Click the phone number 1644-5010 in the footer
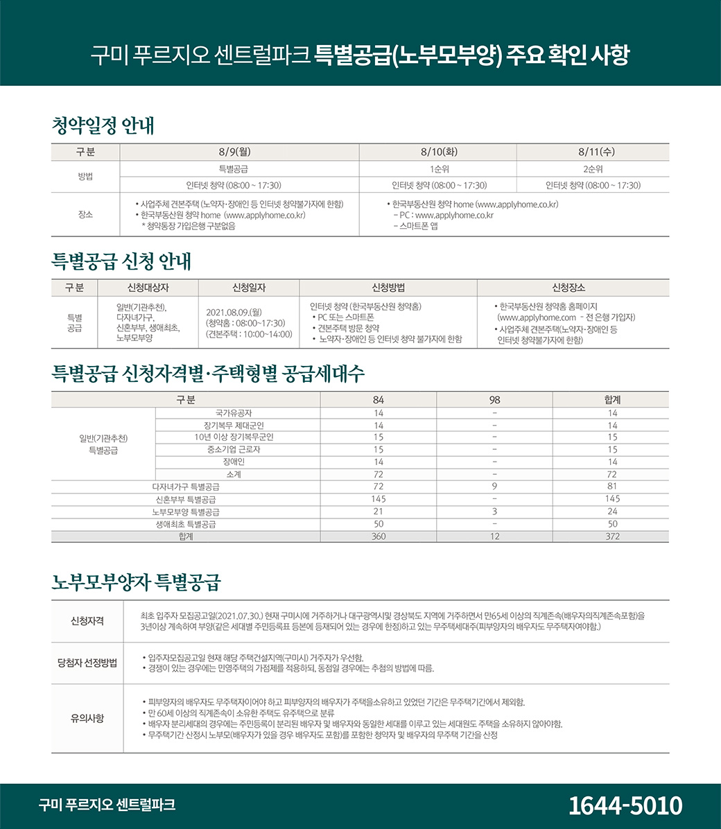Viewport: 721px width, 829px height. click(625, 805)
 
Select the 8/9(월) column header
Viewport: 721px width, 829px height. click(238, 152)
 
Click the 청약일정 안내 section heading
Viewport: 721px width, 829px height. click(103, 126)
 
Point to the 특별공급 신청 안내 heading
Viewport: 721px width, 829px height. click(121, 262)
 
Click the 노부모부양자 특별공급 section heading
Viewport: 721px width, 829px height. click(136, 582)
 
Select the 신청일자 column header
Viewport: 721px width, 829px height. click(248, 288)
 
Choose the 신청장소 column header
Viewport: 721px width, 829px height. click(573, 288)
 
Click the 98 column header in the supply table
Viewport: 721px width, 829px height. click(494, 400)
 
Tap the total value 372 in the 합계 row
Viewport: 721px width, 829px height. click(611, 536)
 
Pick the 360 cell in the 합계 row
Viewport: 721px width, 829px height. click(379, 536)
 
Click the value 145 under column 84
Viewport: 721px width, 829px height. click(379, 499)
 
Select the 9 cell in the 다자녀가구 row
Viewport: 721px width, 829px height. click(494, 487)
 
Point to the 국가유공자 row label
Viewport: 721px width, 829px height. click(238, 413)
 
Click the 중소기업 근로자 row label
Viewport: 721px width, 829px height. click(238, 449)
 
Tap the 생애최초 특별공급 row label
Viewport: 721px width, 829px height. click(186, 524)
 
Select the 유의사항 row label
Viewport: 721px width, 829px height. click(87, 718)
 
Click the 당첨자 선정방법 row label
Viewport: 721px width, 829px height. click(87, 663)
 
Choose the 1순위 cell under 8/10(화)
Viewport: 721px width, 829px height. click(438, 169)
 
